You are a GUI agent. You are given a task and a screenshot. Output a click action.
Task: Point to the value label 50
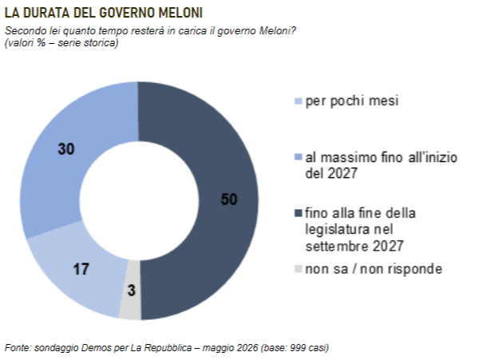229,200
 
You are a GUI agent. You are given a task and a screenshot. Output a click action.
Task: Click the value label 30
66,149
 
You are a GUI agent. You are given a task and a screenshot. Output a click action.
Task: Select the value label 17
81,269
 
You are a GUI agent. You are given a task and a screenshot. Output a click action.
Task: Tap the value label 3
132,290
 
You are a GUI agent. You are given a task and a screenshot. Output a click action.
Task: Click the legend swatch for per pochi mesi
298,101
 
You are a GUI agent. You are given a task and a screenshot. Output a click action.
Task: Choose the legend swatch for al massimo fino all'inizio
298,157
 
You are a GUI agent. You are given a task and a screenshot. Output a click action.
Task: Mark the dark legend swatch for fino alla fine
298,213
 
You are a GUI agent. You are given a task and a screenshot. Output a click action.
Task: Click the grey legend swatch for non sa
298,269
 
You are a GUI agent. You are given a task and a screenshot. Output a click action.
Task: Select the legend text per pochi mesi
352,101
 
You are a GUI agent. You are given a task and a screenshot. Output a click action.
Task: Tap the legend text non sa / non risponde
374,269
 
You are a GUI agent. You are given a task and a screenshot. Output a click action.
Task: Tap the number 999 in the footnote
298,348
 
